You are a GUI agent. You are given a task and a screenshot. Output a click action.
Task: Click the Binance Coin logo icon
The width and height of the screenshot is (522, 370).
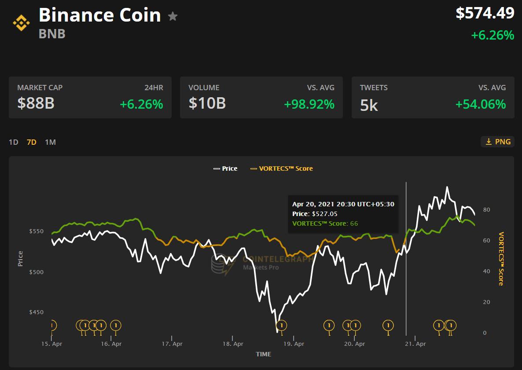coord(21,22)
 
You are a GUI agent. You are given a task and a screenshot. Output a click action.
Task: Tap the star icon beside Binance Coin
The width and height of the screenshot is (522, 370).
coord(173,17)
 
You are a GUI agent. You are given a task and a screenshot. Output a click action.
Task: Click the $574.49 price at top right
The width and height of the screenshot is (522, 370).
coord(485,13)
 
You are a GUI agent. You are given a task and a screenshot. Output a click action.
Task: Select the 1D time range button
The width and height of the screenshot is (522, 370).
coord(14,142)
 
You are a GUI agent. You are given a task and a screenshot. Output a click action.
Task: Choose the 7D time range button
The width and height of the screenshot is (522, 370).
coord(32,142)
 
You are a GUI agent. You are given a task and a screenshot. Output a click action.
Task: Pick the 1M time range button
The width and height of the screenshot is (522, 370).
coord(50,142)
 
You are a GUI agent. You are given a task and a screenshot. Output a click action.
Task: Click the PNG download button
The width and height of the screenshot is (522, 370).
coord(498,142)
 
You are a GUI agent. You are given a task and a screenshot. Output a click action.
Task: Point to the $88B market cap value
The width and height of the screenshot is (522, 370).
coord(36,103)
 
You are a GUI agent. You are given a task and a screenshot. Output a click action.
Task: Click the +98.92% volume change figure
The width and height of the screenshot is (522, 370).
coord(309,105)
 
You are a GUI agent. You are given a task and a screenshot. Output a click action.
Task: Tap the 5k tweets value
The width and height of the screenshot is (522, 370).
coord(369,105)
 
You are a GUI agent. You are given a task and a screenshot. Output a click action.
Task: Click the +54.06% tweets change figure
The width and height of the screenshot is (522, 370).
coord(480,105)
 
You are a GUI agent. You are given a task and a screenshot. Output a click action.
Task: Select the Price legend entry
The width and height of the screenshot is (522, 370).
coord(225,169)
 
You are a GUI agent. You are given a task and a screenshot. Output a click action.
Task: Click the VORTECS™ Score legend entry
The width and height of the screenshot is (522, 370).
coord(282,169)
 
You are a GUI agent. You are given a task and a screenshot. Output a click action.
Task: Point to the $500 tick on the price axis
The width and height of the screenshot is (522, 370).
coord(37,272)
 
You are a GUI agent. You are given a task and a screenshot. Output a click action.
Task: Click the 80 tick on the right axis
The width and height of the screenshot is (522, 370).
coord(486,210)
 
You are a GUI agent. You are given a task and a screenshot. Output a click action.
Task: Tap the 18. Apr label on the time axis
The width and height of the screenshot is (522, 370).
coord(233,344)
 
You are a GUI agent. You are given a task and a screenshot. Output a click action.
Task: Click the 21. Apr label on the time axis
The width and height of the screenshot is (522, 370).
coord(415,344)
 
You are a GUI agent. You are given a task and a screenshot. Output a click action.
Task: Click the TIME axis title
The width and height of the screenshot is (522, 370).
coord(263,354)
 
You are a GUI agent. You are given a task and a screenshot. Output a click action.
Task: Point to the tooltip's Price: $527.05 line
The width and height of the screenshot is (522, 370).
coord(315,214)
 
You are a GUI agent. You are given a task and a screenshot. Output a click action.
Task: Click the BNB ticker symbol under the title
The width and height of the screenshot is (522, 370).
coord(52,34)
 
